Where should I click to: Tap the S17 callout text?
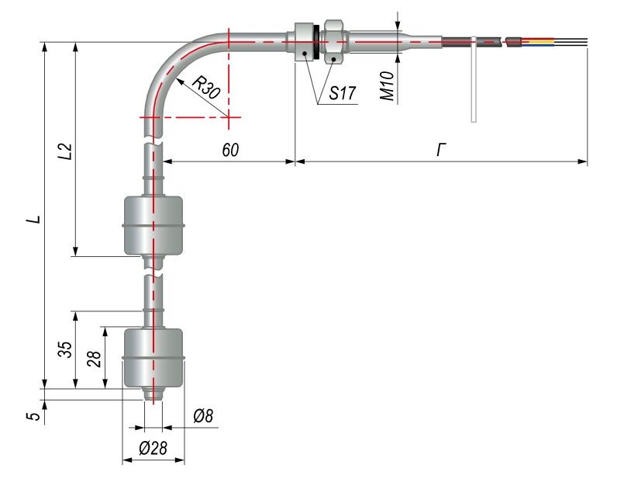pyautogui.click(x=341, y=93)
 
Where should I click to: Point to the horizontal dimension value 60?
pyautogui.click(x=230, y=149)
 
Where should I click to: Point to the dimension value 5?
pyautogui.click(x=33, y=415)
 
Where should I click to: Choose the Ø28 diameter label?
pyautogui.click(x=153, y=449)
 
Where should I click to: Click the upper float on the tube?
pyautogui.click(x=155, y=226)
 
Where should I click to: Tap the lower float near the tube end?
pyautogui.click(x=155, y=357)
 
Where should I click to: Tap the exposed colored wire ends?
pyautogui.click(x=543, y=42)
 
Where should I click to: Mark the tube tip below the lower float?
pyautogui.click(x=154, y=394)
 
